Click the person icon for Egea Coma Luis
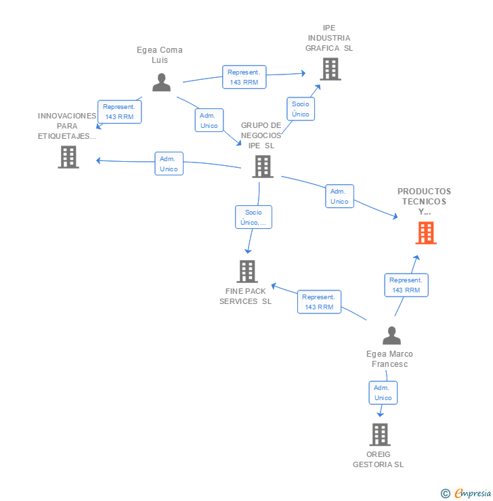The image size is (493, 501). (x=161, y=83)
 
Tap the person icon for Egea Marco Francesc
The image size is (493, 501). (x=391, y=336)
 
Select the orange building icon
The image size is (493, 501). (x=426, y=233)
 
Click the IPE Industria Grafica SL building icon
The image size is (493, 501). (x=330, y=69)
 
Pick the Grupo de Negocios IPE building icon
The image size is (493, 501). (x=263, y=167)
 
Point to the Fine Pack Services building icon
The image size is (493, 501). (x=247, y=271)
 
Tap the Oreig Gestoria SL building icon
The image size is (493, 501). (x=380, y=435)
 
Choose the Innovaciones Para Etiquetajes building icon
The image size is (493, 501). (x=68, y=157)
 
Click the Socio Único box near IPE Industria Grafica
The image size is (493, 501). (x=301, y=109)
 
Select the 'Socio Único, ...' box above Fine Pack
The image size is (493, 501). (x=254, y=217)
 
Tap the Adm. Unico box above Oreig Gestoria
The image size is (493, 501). (x=383, y=393)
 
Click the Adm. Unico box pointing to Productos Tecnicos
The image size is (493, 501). (x=340, y=196)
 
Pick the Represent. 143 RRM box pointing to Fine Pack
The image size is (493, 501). (x=319, y=302)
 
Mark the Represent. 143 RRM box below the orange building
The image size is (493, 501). (x=406, y=285)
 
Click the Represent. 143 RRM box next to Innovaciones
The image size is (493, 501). (x=119, y=112)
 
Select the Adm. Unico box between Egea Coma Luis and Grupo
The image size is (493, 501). (x=209, y=120)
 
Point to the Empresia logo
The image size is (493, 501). (x=466, y=494)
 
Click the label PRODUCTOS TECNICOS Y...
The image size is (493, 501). (x=425, y=201)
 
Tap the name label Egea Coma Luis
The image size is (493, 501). (x=160, y=55)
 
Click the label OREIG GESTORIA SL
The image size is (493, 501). (x=379, y=459)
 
